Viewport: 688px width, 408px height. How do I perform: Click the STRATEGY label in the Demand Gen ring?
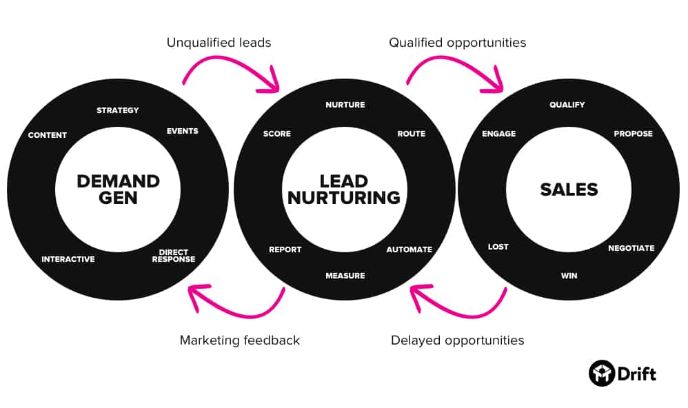pyautogui.click(x=117, y=110)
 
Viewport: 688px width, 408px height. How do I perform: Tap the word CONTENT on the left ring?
pyautogui.click(x=48, y=135)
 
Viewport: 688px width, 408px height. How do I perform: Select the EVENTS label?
pyautogui.click(x=182, y=131)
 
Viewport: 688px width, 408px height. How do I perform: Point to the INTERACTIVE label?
pyautogui.click(x=68, y=259)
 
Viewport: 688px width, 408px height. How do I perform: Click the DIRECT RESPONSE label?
pyautogui.click(x=173, y=256)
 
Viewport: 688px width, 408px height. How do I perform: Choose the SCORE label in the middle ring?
pyautogui.click(x=277, y=134)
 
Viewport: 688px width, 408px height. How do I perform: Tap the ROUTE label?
pyautogui.click(x=411, y=134)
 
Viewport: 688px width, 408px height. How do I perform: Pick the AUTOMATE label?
pyautogui.click(x=409, y=249)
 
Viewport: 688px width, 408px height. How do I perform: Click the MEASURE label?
pyautogui.click(x=345, y=276)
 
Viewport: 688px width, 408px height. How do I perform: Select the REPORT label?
pyautogui.click(x=285, y=249)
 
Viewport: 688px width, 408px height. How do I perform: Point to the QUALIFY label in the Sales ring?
pyautogui.click(x=567, y=105)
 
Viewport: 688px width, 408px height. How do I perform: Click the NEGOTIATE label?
pyautogui.click(x=631, y=248)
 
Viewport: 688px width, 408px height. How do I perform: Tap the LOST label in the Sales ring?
pyautogui.click(x=498, y=247)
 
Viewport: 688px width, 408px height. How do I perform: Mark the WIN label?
pyautogui.click(x=569, y=276)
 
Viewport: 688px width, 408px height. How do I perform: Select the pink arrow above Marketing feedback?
pyautogui.click(x=234, y=303)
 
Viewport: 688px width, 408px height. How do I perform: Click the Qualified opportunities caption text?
pyautogui.click(x=457, y=43)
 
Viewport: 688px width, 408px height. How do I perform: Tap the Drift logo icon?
pyautogui.click(x=601, y=374)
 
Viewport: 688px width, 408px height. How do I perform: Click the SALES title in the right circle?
pyautogui.click(x=569, y=190)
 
